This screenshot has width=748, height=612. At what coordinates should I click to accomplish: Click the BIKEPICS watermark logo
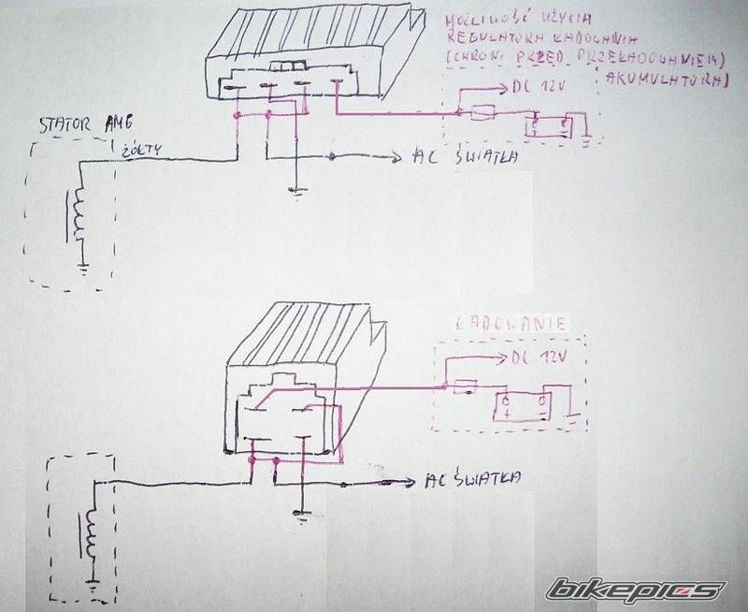(x=636, y=590)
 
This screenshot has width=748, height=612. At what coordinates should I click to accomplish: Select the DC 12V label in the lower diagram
(x=539, y=358)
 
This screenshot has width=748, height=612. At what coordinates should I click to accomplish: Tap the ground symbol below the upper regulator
(x=296, y=192)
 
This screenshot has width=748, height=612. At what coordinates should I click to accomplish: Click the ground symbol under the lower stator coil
(x=93, y=589)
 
